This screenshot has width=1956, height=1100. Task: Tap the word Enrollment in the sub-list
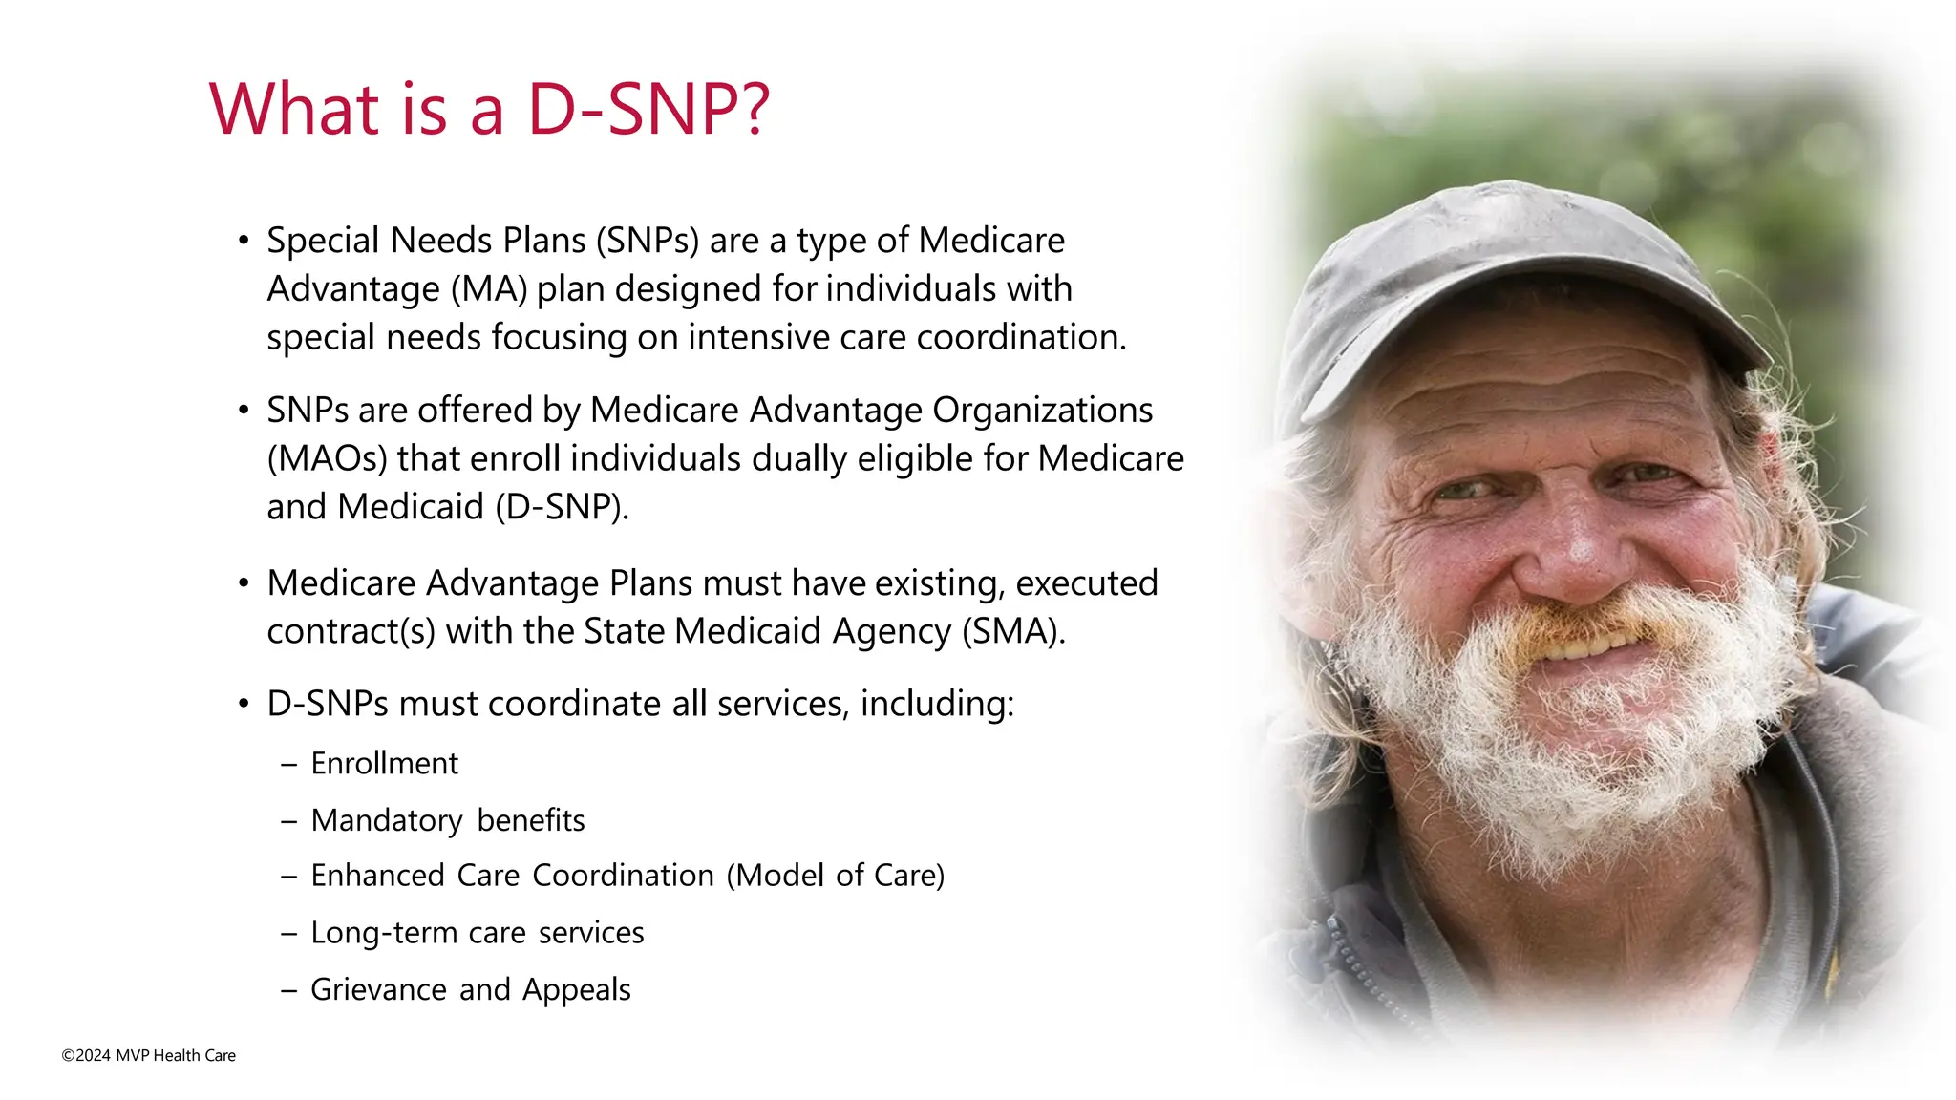click(384, 764)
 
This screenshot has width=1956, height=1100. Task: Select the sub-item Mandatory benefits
click(447, 820)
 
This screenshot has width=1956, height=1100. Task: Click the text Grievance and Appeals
click(470, 989)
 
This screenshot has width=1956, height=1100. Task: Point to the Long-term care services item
click(477, 933)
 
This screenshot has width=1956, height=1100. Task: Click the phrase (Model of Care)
click(836, 876)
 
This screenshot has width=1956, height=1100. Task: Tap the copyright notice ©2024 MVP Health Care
click(148, 1055)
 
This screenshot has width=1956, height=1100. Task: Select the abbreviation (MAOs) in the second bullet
click(327, 459)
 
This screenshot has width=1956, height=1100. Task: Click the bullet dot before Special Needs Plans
click(244, 241)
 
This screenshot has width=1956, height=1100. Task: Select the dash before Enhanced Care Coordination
click(288, 877)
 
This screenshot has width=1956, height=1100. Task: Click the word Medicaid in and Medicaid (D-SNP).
click(410, 507)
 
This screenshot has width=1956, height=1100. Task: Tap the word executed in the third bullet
click(1086, 583)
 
